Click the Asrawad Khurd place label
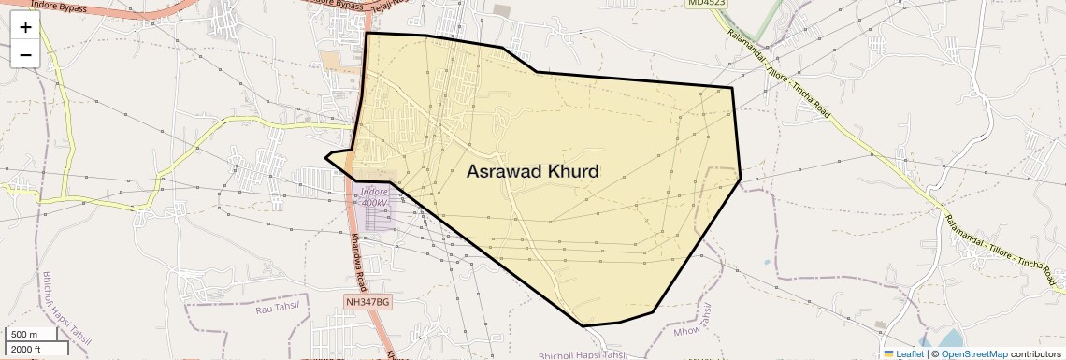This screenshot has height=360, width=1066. tap(532, 171)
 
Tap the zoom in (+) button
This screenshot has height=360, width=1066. tap(25, 27)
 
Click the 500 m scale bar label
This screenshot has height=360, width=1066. tap(25, 335)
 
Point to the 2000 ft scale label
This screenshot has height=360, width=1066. tap(25, 350)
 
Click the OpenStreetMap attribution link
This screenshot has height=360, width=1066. tap(973, 354)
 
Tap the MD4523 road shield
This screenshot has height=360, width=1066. tap(707, 4)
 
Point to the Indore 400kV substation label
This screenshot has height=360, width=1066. tap(374, 197)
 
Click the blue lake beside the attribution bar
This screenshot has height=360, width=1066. tap(948, 338)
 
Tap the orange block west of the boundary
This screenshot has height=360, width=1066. tap(332, 60)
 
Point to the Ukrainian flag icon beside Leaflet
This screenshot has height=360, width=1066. tap(889, 354)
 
